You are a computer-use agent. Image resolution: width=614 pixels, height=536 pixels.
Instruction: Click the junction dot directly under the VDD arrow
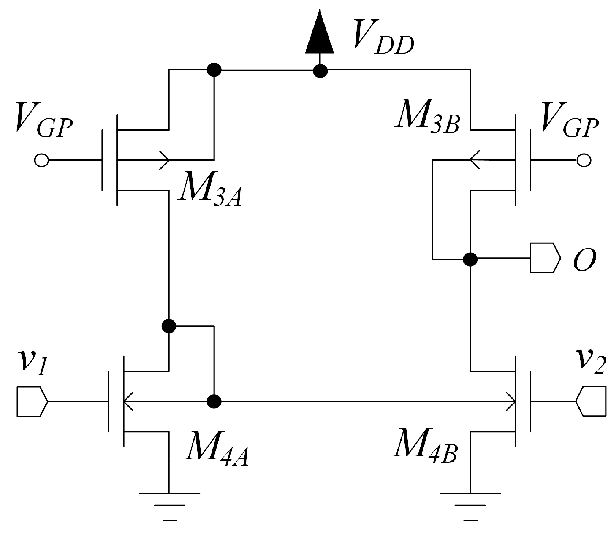click(320, 70)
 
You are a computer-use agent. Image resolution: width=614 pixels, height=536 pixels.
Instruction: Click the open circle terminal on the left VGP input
click(41, 160)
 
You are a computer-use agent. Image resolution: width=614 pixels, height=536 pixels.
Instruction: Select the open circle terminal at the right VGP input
click(584, 160)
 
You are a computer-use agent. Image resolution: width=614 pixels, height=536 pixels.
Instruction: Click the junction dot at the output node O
click(470, 259)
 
